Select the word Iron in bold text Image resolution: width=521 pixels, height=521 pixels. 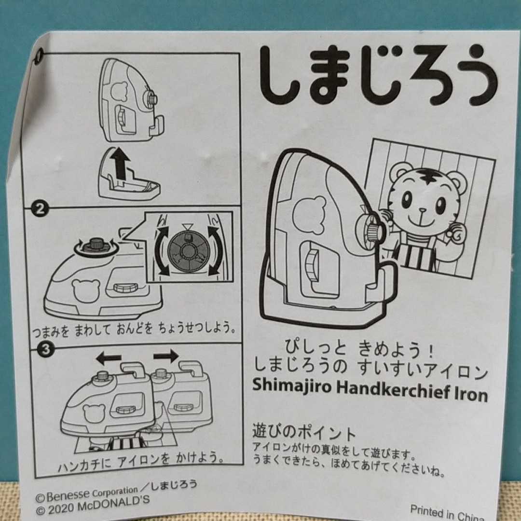[472, 395]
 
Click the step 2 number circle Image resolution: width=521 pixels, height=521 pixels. [40, 209]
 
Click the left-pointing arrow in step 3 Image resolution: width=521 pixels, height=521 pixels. [109, 358]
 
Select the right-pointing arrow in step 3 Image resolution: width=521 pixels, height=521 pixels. [166, 356]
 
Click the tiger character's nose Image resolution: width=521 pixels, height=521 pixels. [422, 210]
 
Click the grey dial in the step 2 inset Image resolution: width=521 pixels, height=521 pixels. [189, 249]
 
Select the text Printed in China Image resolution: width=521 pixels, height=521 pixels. [447, 513]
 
